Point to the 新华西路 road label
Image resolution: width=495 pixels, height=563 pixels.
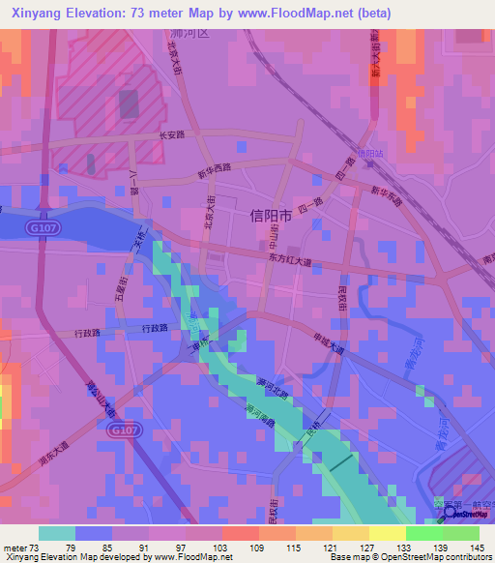click(215, 169)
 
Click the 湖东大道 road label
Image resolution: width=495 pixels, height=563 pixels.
click(53, 455)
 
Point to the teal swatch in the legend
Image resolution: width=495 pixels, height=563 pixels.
click(57, 533)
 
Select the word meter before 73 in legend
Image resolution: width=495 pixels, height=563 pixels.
click(15, 548)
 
